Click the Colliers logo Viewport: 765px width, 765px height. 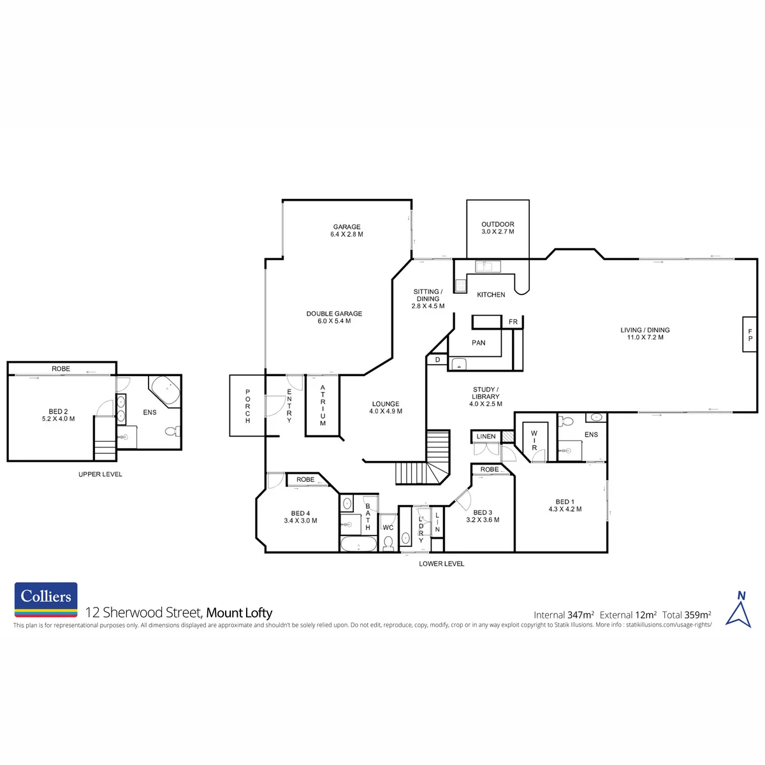(46, 599)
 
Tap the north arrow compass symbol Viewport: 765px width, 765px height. (738, 609)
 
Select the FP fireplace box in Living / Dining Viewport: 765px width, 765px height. (750, 334)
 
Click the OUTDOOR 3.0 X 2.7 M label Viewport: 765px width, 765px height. (497, 228)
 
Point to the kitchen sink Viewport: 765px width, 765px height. (488, 266)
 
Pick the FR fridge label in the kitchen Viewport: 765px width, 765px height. (513, 322)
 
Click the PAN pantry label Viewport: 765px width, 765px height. (478, 342)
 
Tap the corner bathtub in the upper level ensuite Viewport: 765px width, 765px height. (165, 391)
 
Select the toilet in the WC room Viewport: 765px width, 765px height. (388, 544)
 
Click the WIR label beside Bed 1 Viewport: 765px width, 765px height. (534, 441)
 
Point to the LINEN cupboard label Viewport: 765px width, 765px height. (486, 436)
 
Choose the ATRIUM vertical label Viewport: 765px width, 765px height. (323, 405)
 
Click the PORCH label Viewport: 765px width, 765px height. (248, 406)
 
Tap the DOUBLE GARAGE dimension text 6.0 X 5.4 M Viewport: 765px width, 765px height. (334, 321)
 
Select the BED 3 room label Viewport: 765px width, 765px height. (483, 513)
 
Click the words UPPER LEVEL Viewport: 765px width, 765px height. (100, 474)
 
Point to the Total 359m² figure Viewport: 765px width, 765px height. (687, 615)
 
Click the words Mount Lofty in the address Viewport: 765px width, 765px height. (239, 613)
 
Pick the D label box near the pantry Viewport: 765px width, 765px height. (437, 360)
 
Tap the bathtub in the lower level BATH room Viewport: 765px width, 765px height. (358, 544)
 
